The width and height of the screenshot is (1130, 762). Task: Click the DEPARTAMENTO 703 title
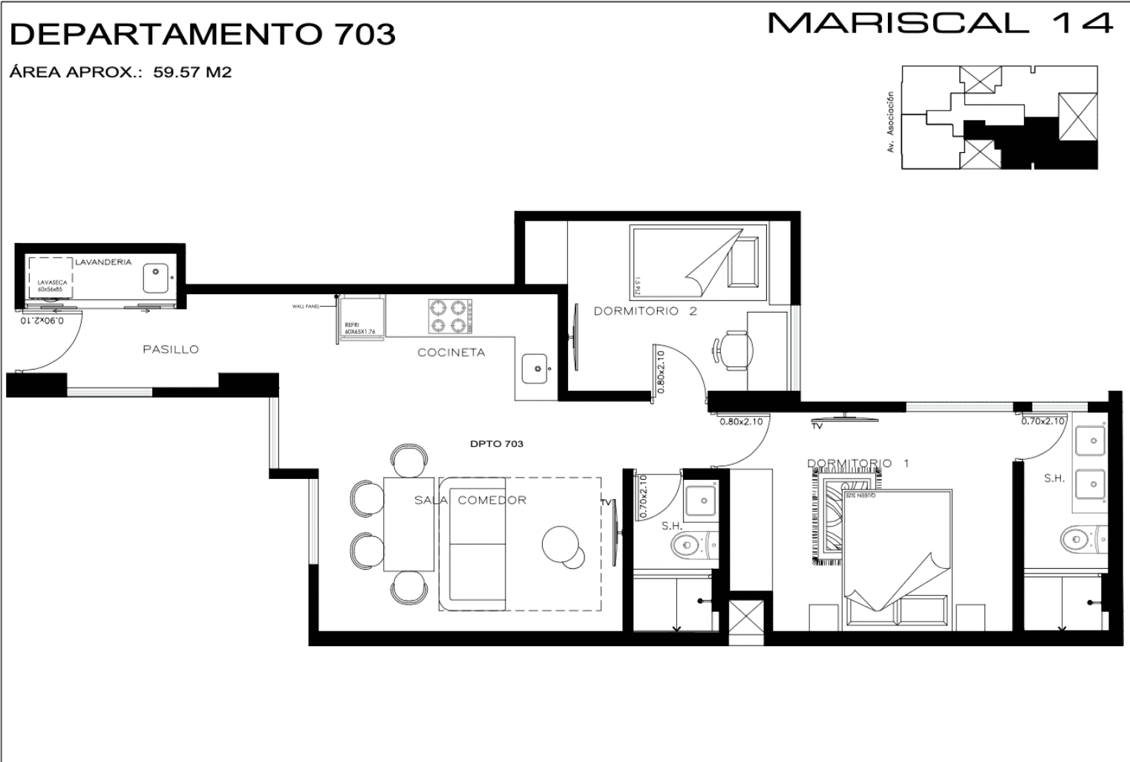click(x=202, y=34)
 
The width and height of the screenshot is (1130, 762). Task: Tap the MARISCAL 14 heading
click(x=940, y=23)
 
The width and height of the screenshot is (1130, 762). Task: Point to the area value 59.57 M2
click(x=192, y=73)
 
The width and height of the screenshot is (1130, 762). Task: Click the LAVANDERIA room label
click(x=103, y=262)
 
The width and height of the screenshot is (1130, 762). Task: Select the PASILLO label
click(x=171, y=349)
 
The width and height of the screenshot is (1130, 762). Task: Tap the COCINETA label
click(x=451, y=353)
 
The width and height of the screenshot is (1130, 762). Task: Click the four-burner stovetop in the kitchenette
click(x=450, y=316)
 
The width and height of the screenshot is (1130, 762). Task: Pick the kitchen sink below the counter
click(x=536, y=368)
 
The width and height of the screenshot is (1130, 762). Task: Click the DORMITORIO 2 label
click(x=644, y=311)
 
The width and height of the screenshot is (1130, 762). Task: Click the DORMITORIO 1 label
click(x=858, y=463)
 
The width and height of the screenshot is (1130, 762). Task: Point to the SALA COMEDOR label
click(x=470, y=500)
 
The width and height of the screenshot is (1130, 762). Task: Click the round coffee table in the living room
click(x=561, y=544)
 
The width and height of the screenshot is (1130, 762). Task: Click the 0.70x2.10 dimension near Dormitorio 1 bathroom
click(x=1042, y=421)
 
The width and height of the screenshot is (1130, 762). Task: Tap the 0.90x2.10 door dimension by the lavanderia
click(x=42, y=321)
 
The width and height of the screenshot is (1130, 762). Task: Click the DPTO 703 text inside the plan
click(x=496, y=444)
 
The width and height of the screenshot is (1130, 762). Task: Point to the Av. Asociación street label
click(x=890, y=123)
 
